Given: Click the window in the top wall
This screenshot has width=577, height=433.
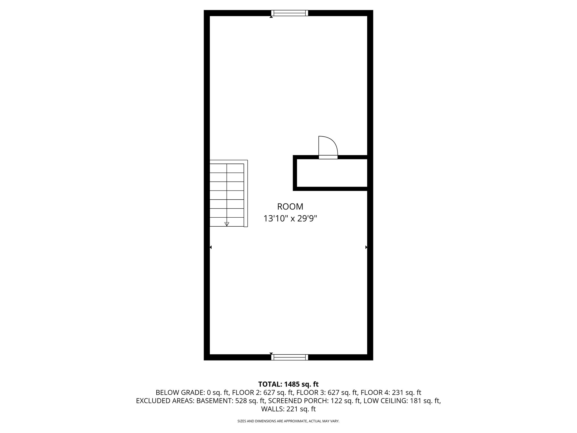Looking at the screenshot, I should [290, 13].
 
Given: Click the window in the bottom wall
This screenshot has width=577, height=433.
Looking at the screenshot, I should [290, 357].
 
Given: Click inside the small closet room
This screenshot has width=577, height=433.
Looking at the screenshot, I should [332, 173].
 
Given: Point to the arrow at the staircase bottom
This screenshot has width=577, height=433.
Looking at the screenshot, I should [227, 224].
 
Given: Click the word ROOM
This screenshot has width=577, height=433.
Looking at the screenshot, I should [290, 207].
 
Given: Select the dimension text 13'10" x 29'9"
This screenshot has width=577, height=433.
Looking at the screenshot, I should [290, 218].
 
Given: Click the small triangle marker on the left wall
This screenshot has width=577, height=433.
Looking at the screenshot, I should [211, 247].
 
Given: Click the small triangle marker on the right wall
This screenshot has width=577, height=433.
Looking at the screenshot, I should [366, 247].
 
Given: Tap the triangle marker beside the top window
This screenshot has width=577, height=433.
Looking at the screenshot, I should [271, 17].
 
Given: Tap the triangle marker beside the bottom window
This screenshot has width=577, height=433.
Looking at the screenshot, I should [271, 353].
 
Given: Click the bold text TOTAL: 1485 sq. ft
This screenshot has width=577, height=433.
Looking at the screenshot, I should [288, 384].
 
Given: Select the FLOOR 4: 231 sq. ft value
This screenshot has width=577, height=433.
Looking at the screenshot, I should [391, 392].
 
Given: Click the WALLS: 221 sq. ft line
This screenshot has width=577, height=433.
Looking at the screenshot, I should [288, 409].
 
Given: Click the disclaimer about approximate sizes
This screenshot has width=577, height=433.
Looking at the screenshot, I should [288, 421].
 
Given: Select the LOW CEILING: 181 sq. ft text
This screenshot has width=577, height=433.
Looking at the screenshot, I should [402, 401].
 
